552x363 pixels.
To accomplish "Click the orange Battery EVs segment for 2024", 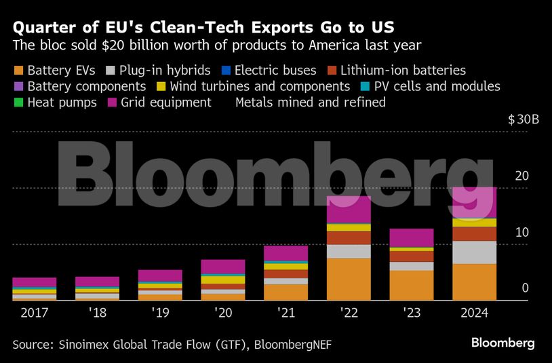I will pos(474,282).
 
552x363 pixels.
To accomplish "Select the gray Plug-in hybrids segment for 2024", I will pos(474,252).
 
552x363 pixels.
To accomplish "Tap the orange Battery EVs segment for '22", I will pos(349,279).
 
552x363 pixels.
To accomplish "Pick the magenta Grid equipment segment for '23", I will pos(411,237).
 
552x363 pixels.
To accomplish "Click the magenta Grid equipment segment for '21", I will pos(285,252).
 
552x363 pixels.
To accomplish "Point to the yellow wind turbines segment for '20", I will pos(223,280).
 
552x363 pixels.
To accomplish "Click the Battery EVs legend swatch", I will pos(18,70).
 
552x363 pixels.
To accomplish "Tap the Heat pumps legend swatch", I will pos(18,102).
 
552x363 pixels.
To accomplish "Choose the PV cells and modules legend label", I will pos(439,86).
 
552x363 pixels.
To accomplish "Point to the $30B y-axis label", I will pos(523,120).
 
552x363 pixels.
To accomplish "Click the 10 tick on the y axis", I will pos(521,232).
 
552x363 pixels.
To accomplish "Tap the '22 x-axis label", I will pos(349,313).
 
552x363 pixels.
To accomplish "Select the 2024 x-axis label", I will pos(473,313).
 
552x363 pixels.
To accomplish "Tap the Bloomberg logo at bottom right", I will pos(502,343).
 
